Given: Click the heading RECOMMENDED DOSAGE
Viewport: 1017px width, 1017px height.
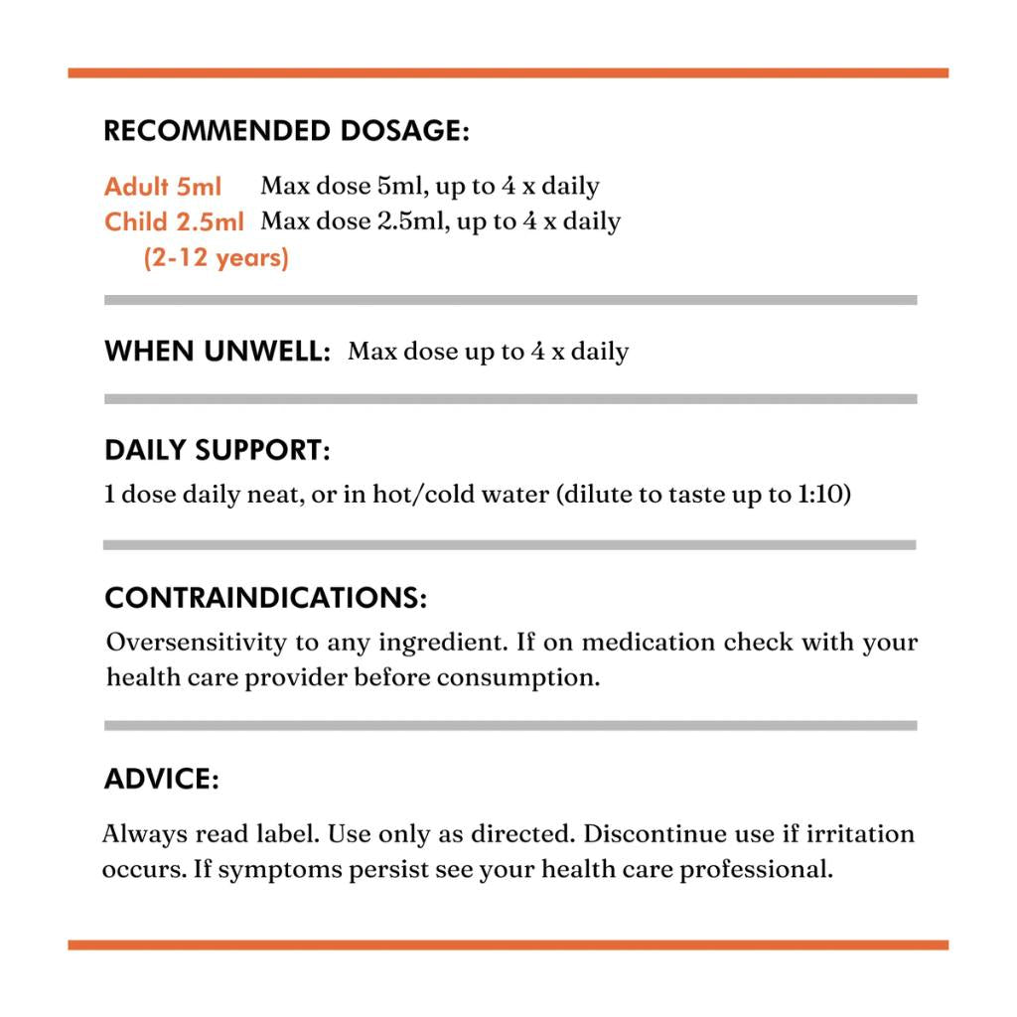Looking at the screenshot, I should click(286, 131).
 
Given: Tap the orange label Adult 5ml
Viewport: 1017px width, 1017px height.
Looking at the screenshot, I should click(163, 187).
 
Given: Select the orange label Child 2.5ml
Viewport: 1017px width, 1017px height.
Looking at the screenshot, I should click(174, 221).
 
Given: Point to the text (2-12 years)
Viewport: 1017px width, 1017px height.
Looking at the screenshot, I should click(216, 258).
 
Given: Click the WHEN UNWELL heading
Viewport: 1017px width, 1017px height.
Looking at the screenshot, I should click(217, 352).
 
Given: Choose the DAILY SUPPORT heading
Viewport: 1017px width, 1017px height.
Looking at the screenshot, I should click(217, 450).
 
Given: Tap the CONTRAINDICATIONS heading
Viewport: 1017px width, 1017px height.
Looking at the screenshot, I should click(266, 598).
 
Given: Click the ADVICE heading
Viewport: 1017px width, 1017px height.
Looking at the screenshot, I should click(161, 780).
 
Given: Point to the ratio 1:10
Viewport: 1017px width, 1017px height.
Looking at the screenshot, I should click(823, 495).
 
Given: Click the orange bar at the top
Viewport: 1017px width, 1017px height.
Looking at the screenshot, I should click(508, 73).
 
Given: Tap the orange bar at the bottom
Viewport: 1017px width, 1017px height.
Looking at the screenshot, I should click(508, 944).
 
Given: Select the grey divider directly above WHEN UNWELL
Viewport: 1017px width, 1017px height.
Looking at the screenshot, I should click(510, 300).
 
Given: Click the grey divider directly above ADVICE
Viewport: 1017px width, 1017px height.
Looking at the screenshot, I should click(510, 726).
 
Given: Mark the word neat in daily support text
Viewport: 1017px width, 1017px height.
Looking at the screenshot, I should click(273, 495).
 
